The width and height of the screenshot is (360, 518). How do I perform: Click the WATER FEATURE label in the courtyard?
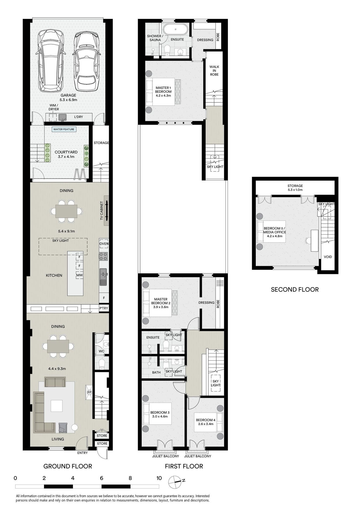coord(64,129)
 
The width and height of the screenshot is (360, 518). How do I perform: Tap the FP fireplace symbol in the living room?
coord(89,392)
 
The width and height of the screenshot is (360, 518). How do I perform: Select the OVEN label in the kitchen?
coord(104,244)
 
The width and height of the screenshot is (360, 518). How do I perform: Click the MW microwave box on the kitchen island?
coord(79,275)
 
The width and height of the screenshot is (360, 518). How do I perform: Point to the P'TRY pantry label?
coord(104,308)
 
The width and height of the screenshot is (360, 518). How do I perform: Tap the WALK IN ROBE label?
coord(214,71)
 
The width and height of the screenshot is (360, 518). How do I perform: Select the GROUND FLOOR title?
coord(68,466)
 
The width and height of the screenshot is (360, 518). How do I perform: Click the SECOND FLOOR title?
coord(295,290)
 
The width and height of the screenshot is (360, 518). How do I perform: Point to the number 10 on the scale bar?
coord(159,478)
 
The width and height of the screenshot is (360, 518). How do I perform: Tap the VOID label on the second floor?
coord(328,257)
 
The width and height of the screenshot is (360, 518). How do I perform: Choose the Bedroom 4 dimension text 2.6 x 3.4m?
coord(206,424)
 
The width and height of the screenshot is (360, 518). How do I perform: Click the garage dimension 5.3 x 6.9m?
coord(68,100)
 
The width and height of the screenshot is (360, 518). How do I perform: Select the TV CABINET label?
coord(102,211)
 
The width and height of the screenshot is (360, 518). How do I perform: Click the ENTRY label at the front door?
coord(83,453)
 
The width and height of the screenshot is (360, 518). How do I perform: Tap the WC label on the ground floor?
coord(102,351)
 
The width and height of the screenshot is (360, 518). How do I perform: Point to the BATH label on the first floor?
coord(156,372)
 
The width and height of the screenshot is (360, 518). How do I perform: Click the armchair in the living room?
coord(63,428)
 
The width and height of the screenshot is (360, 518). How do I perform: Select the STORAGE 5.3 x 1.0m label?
coord(295,188)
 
